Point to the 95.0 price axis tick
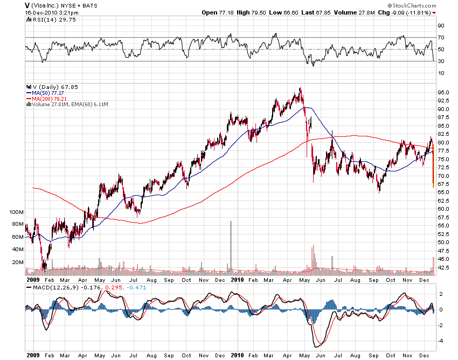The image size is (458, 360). pyautogui.click(x=443, y=93)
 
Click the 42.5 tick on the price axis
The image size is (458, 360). pyautogui.click(x=443, y=267)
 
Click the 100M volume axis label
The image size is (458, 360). pyautogui.click(x=17, y=212)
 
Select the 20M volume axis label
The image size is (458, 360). pyautogui.click(x=18, y=262)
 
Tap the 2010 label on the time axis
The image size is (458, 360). pyautogui.click(x=237, y=280)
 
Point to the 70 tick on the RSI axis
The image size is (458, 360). pyautogui.click(x=440, y=37)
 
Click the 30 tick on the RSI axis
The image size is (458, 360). pyautogui.click(x=440, y=61)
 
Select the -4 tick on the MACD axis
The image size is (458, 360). pyautogui.click(x=440, y=341)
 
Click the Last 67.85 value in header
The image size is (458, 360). pyautogui.click(x=318, y=12)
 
